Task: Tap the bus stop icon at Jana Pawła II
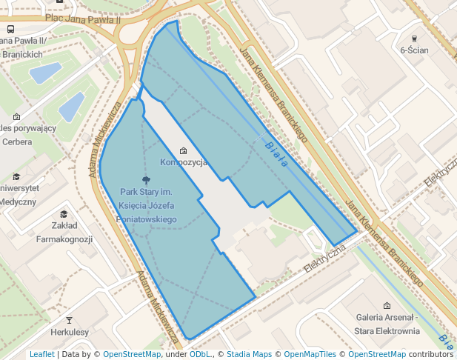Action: [x=11, y=29]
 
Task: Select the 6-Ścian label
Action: [x=414, y=50]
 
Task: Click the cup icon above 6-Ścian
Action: [x=414, y=38]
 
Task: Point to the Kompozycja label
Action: [x=184, y=162]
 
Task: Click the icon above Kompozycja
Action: [x=184, y=151]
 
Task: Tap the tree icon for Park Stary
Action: [x=146, y=180]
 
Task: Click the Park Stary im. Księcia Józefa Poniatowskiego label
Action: [x=147, y=206]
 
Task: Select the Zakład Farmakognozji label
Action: [x=64, y=232]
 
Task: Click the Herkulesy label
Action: [x=70, y=333]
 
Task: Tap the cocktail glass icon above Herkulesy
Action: [x=70, y=320]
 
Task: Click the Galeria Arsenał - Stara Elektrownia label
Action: [x=386, y=324]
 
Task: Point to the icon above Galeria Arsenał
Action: [x=386, y=305]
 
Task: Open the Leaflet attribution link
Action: [x=42, y=354]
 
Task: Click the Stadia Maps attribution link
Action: [x=248, y=354]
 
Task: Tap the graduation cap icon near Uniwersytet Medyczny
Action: [x=16, y=177]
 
